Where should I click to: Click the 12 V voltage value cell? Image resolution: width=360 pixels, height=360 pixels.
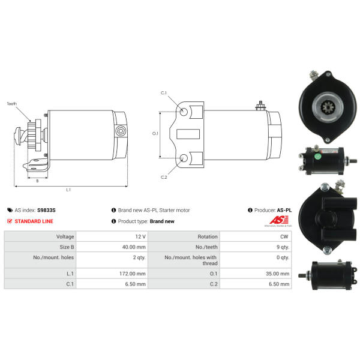pyautogui.click(x=140, y=236)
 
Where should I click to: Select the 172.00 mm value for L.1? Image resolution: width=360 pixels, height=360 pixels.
pyautogui.click(x=133, y=274)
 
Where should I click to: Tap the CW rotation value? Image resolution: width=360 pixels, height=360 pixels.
pyautogui.click(x=284, y=236)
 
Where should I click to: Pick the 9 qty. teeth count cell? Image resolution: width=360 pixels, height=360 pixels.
pyautogui.click(x=283, y=247)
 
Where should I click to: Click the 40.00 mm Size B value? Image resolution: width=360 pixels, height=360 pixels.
pyautogui.click(x=134, y=247)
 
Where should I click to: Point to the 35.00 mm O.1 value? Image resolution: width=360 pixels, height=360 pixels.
pyautogui.click(x=278, y=274)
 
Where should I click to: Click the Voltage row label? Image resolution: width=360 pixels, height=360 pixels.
pyautogui.click(x=65, y=236)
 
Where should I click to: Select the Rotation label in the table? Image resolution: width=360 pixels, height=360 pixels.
pyautogui.click(x=208, y=236)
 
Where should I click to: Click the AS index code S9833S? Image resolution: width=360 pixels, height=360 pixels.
pyautogui.click(x=46, y=210)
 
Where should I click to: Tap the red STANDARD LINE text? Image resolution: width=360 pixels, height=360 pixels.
pyautogui.click(x=34, y=221)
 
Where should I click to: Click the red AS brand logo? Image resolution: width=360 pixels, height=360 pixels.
pyautogui.click(x=279, y=220)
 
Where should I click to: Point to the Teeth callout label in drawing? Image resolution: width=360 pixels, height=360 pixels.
pyautogui.click(x=12, y=104)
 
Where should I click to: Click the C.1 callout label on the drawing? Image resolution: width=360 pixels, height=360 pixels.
pyautogui.click(x=164, y=93)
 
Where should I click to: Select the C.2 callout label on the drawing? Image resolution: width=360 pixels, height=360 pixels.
pyautogui.click(x=164, y=177)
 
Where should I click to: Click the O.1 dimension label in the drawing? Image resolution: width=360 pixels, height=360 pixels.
pyautogui.click(x=155, y=133)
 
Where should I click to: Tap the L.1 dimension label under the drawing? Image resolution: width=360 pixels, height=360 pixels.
pyautogui.click(x=68, y=190)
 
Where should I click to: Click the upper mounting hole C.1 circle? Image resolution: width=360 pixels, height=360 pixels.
pyautogui.click(x=184, y=112)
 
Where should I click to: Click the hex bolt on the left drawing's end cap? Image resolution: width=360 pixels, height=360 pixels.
pyautogui.click(x=121, y=131)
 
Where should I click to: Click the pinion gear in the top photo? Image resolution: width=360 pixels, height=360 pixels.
pyautogui.click(x=328, y=107)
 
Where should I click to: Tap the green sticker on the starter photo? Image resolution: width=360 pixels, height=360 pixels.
pyautogui.click(x=318, y=157)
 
